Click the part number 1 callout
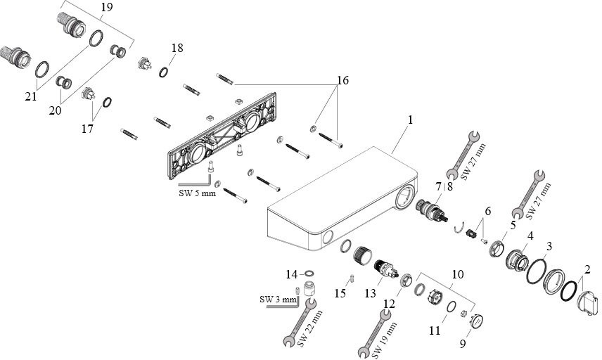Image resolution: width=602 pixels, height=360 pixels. (x=410, y=120)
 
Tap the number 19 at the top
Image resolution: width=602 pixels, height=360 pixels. (x=106, y=8)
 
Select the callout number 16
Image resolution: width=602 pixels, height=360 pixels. (x=342, y=81)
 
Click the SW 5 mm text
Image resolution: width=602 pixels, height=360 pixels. (x=198, y=193)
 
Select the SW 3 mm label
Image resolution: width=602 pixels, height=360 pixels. (x=278, y=300)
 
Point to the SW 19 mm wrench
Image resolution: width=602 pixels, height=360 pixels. (x=376, y=330)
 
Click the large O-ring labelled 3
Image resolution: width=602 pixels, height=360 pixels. (x=538, y=269)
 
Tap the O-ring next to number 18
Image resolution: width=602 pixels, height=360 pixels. (x=163, y=71)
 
